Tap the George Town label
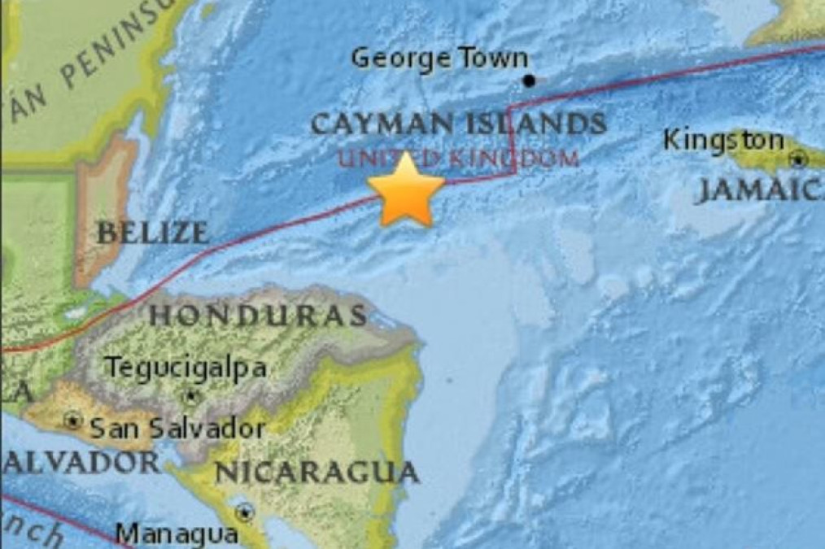click(x=439, y=59)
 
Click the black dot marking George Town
click(x=529, y=80)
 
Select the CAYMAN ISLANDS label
click(x=458, y=124)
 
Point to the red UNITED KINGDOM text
click(x=458, y=158)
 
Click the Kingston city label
click(x=723, y=141)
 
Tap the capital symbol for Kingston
click(x=798, y=160)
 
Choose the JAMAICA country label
click(x=761, y=191)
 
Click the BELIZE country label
click(x=152, y=233)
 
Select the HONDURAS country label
click(x=258, y=316)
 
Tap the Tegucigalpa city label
click(x=186, y=368)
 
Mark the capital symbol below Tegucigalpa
click(x=190, y=397)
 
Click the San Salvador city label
click(x=177, y=429)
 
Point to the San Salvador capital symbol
click(x=73, y=421)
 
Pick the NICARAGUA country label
click(x=316, y=472)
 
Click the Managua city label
click(x=177, y=534)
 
